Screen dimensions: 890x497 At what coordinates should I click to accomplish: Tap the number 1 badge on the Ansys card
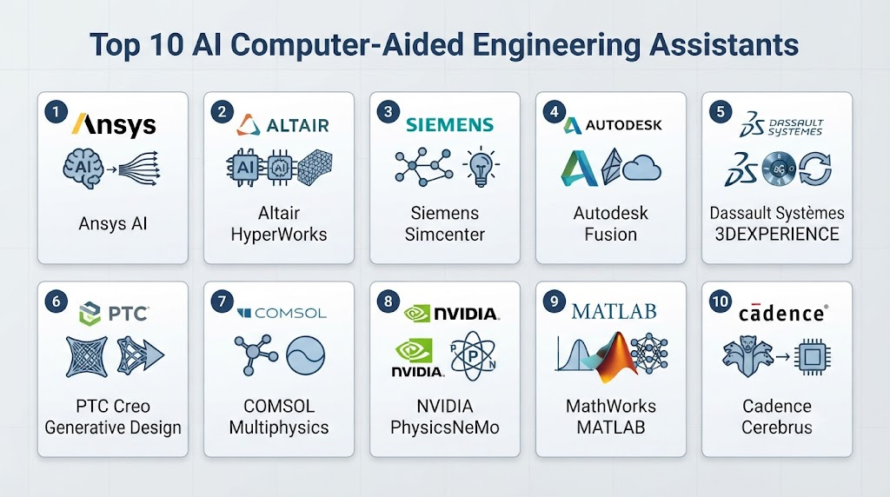[56, 112]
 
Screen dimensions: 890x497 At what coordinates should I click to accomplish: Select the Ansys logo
[114, 125]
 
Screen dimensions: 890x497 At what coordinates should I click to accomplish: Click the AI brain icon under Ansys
[83, 168]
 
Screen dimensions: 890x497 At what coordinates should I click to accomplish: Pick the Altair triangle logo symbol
[248, 125]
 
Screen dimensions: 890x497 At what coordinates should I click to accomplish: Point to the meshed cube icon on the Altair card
[315, 168]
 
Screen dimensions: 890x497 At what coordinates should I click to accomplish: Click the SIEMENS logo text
[449, 125]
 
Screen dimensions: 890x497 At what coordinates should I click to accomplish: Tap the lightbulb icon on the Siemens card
[481, 167]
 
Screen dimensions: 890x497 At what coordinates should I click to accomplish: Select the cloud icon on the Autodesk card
[642, 169]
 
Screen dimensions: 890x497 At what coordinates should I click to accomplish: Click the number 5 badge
[721, 112]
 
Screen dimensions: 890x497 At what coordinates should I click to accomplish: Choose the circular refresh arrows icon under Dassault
[815, 169]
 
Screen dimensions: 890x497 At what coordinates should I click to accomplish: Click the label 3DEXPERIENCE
[776, 235]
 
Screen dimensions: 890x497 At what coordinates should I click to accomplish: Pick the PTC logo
[114, 314]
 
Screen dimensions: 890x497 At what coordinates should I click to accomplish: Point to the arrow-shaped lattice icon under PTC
[140, 356]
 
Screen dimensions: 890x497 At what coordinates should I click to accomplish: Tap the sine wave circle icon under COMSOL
[305, 355]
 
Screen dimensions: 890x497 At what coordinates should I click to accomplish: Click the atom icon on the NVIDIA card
[473, 356]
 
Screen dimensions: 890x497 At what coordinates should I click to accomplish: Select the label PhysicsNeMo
[445, 427]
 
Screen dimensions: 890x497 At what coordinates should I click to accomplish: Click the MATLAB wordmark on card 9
[614, 311]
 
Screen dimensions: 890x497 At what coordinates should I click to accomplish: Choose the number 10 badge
[721, 302]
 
